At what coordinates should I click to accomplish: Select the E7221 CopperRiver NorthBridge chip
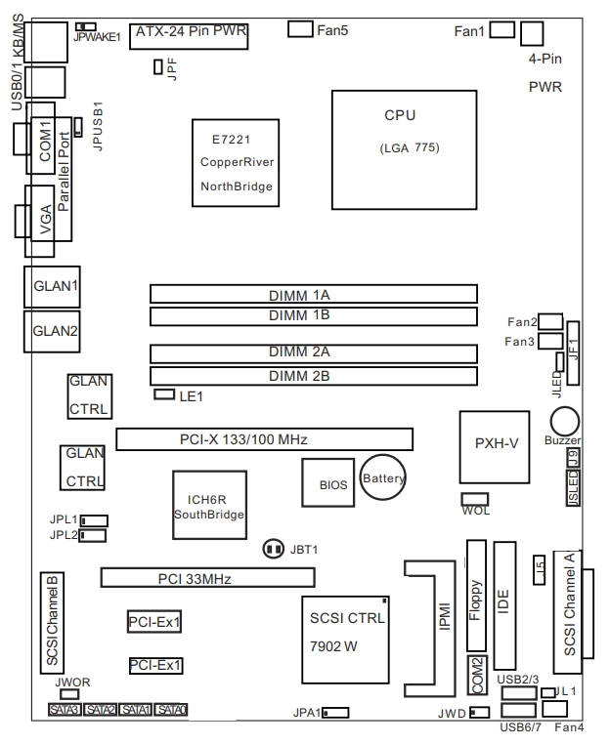click(235, 162)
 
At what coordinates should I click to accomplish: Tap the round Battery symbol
click(382, 477)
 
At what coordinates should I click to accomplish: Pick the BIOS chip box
click(331, 482)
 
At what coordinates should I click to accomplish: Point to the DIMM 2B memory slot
click(313, 376)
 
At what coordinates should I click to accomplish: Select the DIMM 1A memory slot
click(313, 294)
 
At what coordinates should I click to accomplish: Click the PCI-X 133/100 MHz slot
click(264, 439)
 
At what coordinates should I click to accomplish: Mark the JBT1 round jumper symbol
click(274, 550)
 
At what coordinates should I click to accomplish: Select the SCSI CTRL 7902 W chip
click(347, 633)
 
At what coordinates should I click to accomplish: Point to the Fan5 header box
click(301, 29)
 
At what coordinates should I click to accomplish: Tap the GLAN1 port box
click(55, 287)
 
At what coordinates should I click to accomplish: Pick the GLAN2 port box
click(55, 331)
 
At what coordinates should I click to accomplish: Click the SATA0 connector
click(171, 710)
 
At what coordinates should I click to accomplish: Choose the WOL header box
click(475, 499)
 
